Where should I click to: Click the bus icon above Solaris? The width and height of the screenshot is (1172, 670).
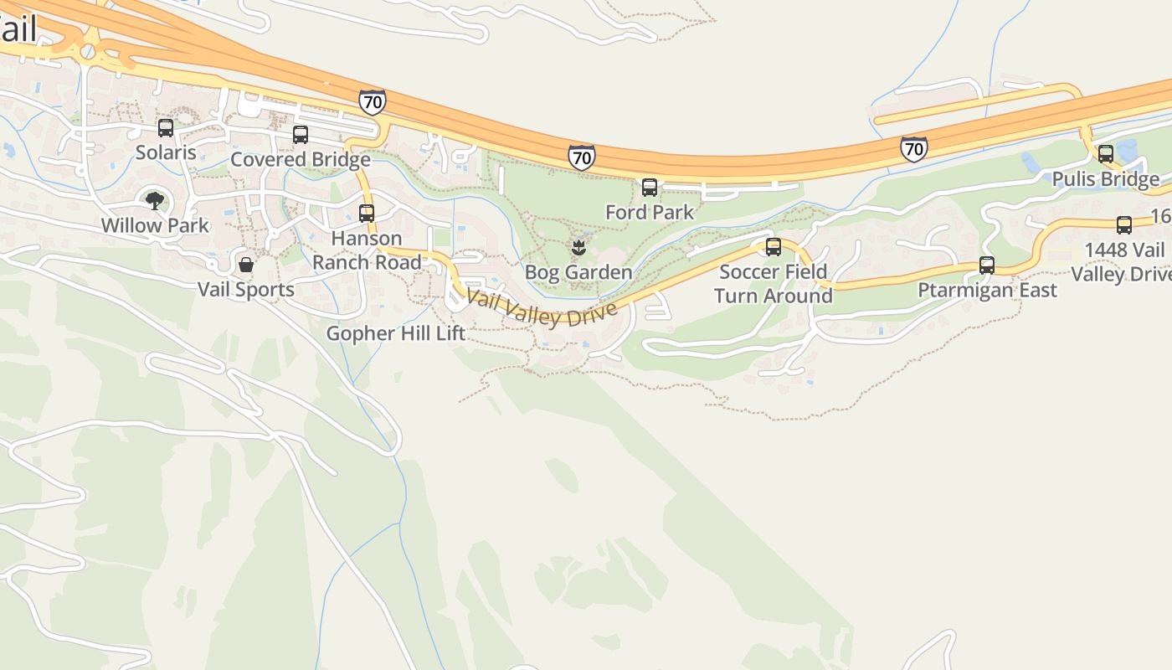pyautogui.click(x=166, y=128)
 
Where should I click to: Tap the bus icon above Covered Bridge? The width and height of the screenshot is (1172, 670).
pyautogui.click(x=301, y=135)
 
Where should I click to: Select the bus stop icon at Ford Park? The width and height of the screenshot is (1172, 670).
pyautogui.click(x=650, y=188)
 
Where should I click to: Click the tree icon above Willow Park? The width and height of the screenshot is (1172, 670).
pyautogui.click(x=155, y=201)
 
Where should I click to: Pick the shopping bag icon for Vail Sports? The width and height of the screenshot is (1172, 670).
pyautogui.click(x=246, y=265)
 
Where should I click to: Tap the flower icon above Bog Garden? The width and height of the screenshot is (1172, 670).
pyautogui.click(x=578, y=248)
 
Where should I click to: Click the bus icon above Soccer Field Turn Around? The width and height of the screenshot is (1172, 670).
pyautogui.click(x=774, y=247)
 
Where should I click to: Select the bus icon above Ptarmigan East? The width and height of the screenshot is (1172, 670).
pyautogui.click(x=987, y=265)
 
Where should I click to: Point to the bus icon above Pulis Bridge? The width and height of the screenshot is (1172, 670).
pyautogui.click(x=1106, y=154)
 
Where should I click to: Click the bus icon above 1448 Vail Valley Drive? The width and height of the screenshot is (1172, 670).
pyautogui.click(x=1124, y=225)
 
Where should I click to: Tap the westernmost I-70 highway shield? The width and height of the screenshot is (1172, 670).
pyautogui.click(x=373, y=102)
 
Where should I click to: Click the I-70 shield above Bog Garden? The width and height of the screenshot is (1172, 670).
pyautogui.click(x=581, y=157)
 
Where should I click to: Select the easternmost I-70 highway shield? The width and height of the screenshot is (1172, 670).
pyautogui.click(x=914, y=149)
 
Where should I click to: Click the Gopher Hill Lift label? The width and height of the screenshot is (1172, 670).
pyautogui.click(x=395, y=333)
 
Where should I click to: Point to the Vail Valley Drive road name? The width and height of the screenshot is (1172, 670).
pyautogui.click(x=542, y=309)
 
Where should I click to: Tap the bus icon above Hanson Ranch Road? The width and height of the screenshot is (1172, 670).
pyautogui.click(x=366, y=214)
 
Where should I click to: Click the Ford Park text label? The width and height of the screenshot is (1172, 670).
pyautogui.click(x=650, y=212)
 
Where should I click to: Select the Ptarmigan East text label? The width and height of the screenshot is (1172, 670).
pyautogui.click(x=987, y=290)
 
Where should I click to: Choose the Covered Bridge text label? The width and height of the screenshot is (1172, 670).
pyautogui.click(x=301, y=159)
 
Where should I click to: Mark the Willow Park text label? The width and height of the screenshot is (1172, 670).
pyautogui.click(x=155, y=225)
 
